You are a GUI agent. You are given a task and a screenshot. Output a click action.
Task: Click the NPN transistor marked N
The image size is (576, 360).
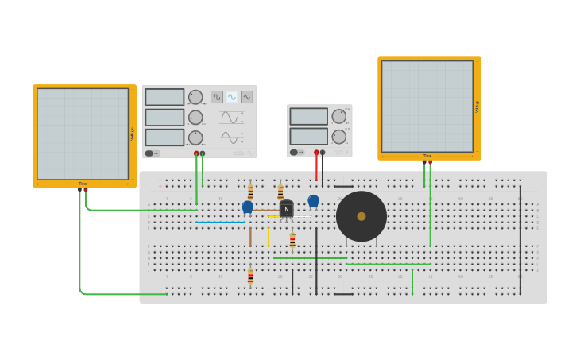tap(286, 209)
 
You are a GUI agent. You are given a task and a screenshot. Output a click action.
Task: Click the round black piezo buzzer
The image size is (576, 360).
tap(361, 216)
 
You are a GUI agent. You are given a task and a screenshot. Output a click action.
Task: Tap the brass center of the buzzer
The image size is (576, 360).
tap(361, 216)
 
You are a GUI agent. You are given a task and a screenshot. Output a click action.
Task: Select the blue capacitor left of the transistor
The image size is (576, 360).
tap(248, 207)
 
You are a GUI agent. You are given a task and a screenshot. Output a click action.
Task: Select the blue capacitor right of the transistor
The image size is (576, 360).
tap(314, 201)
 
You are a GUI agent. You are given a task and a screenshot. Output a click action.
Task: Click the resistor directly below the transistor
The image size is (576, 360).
tap(292, 240)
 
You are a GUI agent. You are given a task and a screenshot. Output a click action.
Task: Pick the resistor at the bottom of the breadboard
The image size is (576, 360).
tap(250, 277)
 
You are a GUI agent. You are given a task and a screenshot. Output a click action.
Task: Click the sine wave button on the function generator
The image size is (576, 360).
tap(232, 97)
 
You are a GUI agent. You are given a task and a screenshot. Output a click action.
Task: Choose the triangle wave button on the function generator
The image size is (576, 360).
tap(247, 97)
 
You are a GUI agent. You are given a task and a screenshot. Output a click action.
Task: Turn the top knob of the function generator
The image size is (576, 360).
tap(195, 97)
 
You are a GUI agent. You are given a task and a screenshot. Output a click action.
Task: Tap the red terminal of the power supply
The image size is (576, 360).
tap(316, 153)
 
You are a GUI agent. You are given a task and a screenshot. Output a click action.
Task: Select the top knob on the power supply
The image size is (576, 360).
tap(339, 117)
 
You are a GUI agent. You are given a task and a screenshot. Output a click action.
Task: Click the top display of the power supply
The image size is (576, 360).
tap(308, 117)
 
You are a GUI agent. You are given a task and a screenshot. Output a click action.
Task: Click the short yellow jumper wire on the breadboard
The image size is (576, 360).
tap(269, 237)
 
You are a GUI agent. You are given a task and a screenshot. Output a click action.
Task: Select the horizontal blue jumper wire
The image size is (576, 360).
tap(221, 223)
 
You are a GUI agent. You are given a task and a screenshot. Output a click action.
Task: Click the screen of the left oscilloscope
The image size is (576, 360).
tap(83, 134)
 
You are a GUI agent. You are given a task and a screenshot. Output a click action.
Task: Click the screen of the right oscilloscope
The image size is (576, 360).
tap(427, 106)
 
